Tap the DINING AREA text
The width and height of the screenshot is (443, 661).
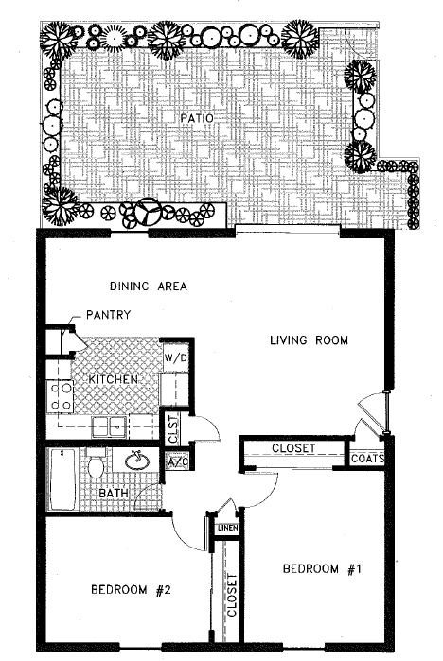(x=147, y=286)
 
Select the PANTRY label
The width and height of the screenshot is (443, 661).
(x=108, y=315)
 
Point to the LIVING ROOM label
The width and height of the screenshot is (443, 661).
(x=309, y=340)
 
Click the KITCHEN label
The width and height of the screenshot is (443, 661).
(x=114, y=380)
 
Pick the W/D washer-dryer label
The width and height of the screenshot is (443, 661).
(x=175, y=359)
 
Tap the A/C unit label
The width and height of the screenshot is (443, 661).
(x=176, y=462)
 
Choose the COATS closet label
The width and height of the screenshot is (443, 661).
(x=368, y=458)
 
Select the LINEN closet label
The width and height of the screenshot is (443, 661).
(x=225, y=528)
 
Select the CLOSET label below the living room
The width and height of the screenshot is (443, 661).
(x=292, y=447)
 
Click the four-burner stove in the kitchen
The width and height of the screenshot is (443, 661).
(x=62, y=395)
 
